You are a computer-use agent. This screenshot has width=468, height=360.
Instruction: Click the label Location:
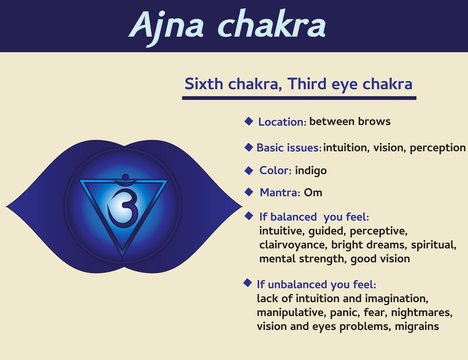(282, 122)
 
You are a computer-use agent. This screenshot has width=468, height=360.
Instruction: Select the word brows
(371, 121)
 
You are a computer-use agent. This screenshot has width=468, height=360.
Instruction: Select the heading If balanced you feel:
(304, 217)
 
